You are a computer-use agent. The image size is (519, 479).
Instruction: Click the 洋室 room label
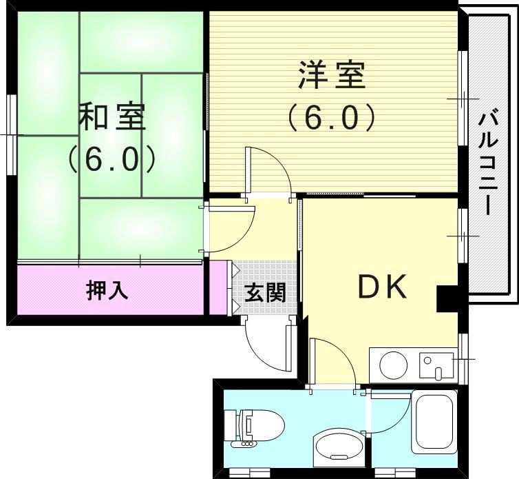(x=331, y=75)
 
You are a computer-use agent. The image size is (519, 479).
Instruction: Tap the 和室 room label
(x=112, y=116)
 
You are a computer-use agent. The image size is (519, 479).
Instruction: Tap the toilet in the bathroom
(x=255, y=427)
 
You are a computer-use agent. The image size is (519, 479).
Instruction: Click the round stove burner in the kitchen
(x=394, y=365)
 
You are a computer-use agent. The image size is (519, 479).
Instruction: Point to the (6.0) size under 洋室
(x=331, y=116)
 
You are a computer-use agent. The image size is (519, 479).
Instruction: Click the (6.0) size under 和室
(x=112, y=160)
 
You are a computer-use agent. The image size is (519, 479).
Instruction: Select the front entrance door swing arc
(x=266, y=345)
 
